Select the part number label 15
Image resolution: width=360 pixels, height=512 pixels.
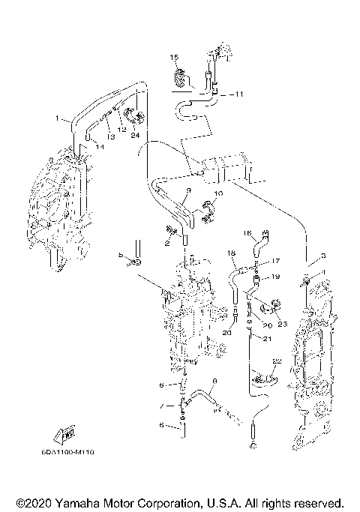click(x=172, y=58)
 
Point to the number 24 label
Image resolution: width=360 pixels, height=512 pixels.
click(x=135, y=136)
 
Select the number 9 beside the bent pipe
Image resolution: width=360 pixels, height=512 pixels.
click(x=190, y=191)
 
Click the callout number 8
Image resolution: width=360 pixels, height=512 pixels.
click(x=214, y=382)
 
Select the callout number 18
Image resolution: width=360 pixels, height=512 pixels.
click(x=232, y=253)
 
